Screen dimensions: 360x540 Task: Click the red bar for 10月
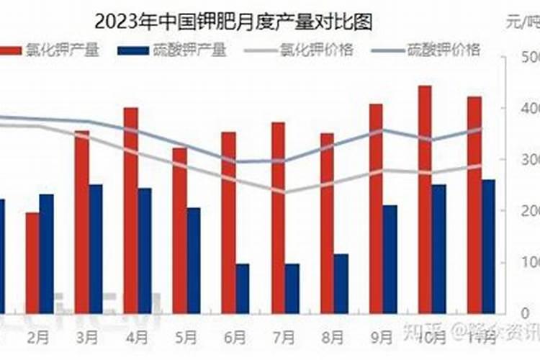(425, 199)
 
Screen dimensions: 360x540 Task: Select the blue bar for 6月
(243, 288)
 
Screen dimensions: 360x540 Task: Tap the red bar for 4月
(130, 210)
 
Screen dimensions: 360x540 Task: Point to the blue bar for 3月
(96, 248)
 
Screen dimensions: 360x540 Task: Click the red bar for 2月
(32, 263)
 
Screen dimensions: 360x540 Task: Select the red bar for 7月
(278, 217)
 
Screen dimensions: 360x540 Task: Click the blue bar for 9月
(390, 259)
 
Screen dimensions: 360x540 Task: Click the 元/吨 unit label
(521, 23)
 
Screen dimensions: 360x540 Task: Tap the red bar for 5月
(179, 230)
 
